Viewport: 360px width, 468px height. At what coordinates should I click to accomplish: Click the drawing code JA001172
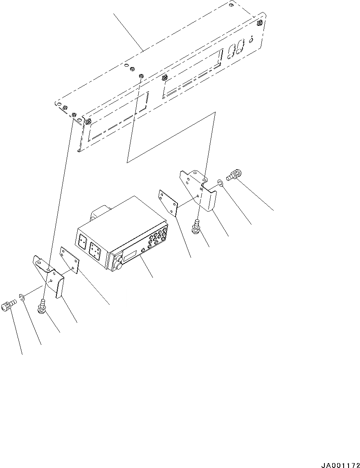point(341,465)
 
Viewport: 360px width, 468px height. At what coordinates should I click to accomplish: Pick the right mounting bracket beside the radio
point(198,189)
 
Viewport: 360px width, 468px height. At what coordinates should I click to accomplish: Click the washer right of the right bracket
point(220,182)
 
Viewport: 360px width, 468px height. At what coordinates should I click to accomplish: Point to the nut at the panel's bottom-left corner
point(88,122)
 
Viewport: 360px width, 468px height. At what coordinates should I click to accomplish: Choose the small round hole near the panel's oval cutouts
point(251,39)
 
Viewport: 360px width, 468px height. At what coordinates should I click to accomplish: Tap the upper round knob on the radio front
point(119,256)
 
